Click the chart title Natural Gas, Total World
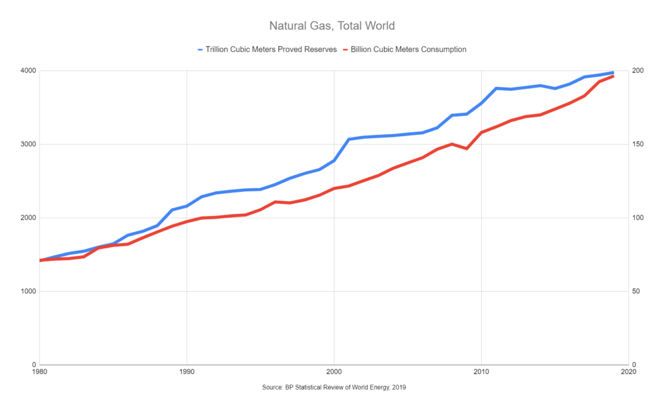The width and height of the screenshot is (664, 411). click(x=332, y=27)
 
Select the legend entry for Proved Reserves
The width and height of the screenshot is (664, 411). click(x=272, y=49)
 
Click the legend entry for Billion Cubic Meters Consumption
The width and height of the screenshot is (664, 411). click(x=409, y=49)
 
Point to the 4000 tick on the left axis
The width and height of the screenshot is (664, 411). click(x=27, y=71)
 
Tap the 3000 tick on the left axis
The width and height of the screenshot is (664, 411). click(x=27, y=144)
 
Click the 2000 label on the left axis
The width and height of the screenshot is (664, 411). click(x=27, y=218)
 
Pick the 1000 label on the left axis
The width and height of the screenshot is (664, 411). click(x=27, y=291)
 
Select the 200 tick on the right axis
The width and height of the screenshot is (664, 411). click(x=639, y=71)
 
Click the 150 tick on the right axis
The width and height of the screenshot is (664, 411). click(x=639, y=144)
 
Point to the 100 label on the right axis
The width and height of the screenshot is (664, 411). click(x=639, y=218)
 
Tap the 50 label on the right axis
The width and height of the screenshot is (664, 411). click(x=637, y=291)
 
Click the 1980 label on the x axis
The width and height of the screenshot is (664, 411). click(x=40, y=373)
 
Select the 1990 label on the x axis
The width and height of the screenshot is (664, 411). click(x=187, y=373)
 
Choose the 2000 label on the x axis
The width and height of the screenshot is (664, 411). click(x=334, y=373)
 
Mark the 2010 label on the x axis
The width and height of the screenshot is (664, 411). click(x=481, y=373)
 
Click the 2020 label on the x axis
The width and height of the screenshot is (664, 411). click(x=628, y=373)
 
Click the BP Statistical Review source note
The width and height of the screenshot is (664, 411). click(x=332, y=387)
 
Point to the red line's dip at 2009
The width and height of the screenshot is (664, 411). click(x=466, y=148)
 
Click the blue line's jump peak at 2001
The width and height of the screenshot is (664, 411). click(x=349, y=139)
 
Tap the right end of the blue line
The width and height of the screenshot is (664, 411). click(x=613, y=73)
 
